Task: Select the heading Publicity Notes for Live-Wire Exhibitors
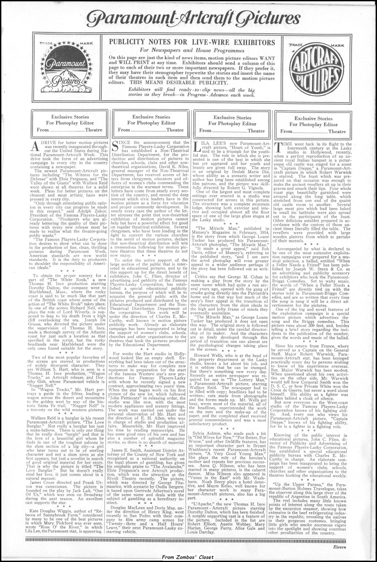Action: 192,42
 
